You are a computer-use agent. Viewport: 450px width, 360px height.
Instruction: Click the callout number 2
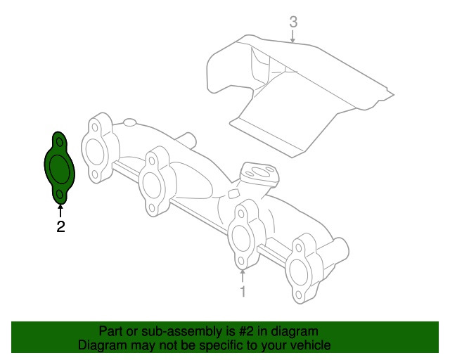(61, 226)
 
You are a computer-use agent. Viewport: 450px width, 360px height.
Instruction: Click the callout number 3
(294, 22)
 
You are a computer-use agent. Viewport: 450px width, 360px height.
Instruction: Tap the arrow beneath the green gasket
(61, 210)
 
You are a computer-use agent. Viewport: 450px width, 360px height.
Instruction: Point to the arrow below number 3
(294, 37)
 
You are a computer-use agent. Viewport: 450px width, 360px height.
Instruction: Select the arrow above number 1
(242, 274)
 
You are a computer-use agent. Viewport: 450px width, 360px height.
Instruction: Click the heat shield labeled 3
(295, 98)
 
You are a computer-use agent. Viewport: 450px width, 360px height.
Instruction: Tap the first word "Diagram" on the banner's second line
(101, 346)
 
